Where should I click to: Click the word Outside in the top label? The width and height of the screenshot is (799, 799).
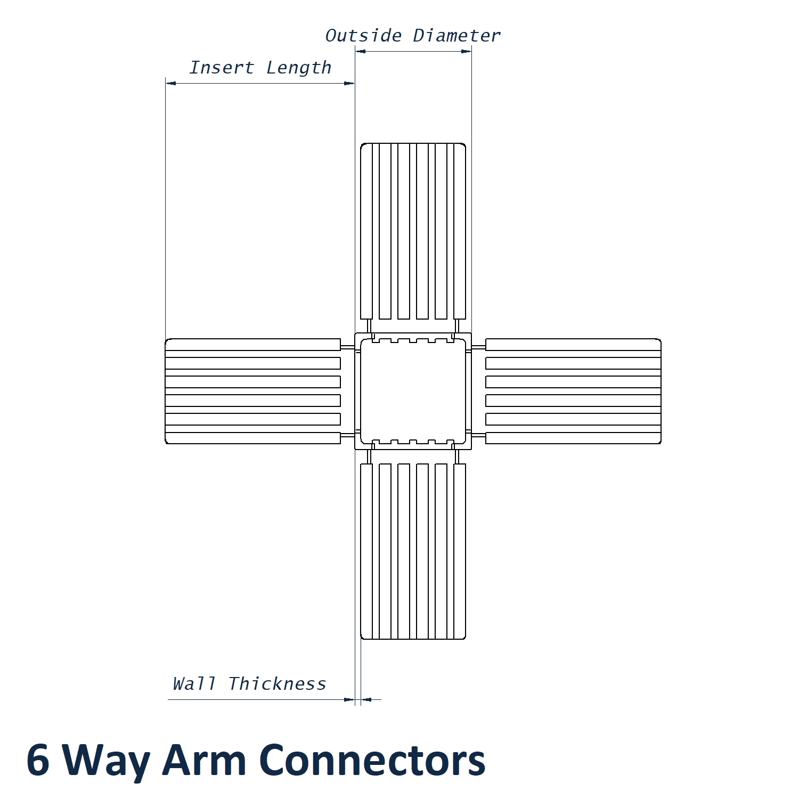[363, 36]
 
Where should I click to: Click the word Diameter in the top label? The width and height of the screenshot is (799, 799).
[456, 36]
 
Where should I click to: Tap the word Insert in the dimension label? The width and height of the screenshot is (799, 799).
[222, 68]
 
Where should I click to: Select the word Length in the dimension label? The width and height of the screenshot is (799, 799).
[298, 68]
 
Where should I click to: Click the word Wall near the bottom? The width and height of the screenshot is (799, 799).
[194, 683]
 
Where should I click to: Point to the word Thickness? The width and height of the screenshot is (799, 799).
[277, 683]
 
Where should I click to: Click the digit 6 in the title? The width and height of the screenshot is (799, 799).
[38, 760]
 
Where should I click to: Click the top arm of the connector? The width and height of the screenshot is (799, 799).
[413, 231]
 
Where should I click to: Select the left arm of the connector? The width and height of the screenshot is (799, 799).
[253, 391]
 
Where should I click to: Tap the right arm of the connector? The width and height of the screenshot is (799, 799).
[573, 391]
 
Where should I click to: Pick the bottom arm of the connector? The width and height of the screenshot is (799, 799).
[413, 551]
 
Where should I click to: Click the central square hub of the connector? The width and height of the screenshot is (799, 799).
[413, 391]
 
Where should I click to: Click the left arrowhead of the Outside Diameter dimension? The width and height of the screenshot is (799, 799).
[360, 51]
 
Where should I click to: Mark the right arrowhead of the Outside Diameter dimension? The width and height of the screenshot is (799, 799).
[467, 51]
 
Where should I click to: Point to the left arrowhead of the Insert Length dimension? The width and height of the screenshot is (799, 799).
[170, 83]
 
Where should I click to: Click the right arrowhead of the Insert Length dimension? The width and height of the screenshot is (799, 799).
[349, 83]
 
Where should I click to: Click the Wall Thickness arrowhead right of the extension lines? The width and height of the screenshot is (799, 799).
[366, 699]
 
